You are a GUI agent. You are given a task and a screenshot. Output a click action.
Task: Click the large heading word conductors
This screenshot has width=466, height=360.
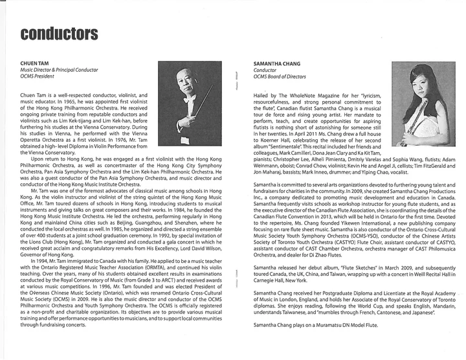coord(59,33)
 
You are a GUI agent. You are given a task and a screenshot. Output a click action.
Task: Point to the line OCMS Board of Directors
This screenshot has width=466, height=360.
coord(280,76)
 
